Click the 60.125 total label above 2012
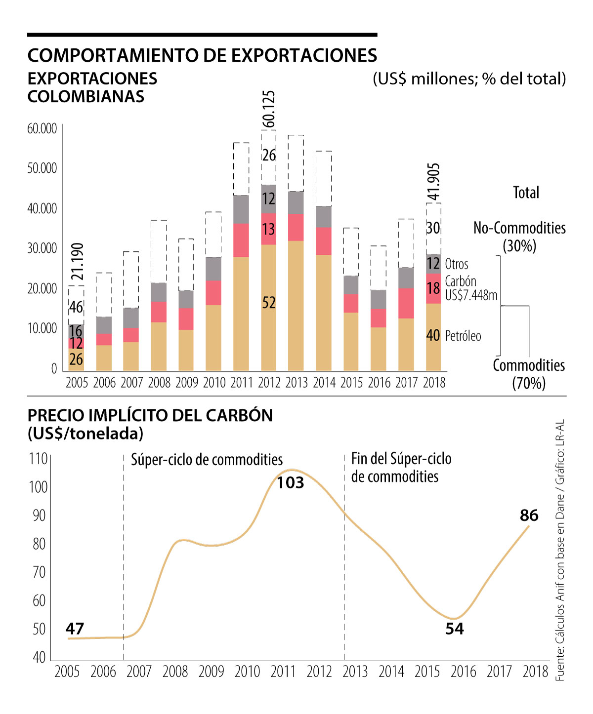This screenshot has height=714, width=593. point(269,109)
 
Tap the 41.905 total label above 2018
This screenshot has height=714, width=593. point(433,182)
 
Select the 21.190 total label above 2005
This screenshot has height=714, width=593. point(77,262)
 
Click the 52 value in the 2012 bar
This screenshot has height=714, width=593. point(269,303)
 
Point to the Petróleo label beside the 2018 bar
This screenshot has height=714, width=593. point(463,336)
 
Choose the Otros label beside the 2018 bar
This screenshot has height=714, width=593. point(457,264)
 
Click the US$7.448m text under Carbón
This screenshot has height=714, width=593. point(471,295)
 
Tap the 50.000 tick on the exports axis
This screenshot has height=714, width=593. point(42,168)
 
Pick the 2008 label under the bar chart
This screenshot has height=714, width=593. point(159,382)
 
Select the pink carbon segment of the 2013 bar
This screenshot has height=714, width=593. point(296,227)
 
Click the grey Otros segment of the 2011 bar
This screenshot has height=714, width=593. point(241,209)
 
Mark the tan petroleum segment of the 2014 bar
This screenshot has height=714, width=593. point(324,313)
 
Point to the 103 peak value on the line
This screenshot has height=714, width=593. point(290,482)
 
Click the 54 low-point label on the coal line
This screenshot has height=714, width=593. point(455,629)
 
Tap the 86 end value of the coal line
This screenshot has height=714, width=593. point(529,516)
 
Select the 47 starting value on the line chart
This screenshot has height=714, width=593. point(75,629)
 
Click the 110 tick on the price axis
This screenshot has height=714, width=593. point(38,459)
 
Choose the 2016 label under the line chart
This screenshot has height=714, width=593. point(463,672)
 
